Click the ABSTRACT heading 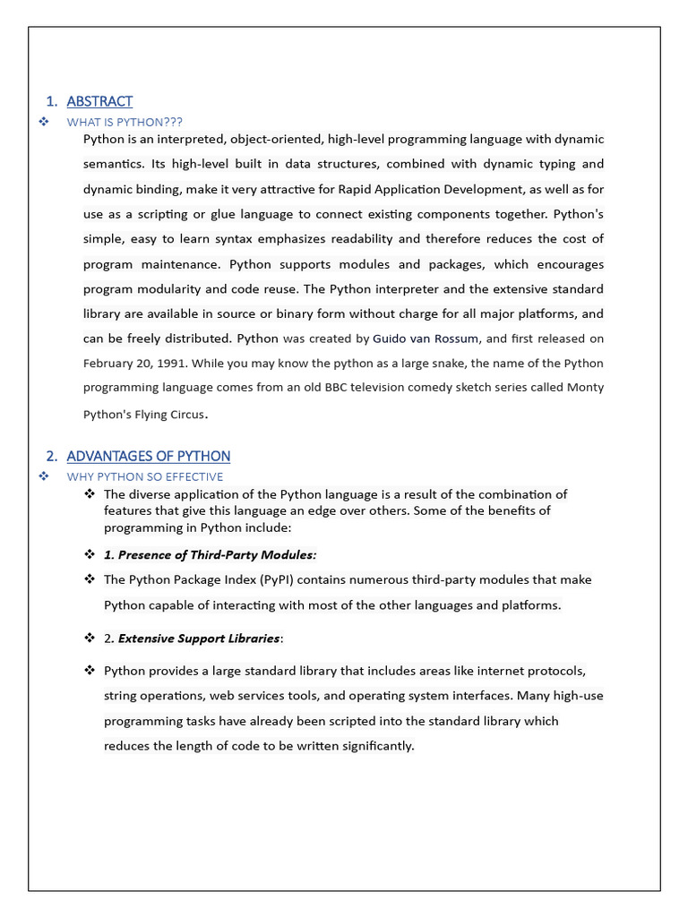tap(99, 101)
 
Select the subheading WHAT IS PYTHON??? tap(125, 122)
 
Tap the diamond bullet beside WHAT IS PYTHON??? tap(43, 122)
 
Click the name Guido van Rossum tap(426, 339)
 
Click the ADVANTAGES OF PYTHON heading tap(148, 456)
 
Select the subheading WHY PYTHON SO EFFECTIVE tap(145, 476)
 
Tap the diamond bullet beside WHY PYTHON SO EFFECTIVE tap(43, 476)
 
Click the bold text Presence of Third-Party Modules tap(217, 554)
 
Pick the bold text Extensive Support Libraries tap(199, 638)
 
